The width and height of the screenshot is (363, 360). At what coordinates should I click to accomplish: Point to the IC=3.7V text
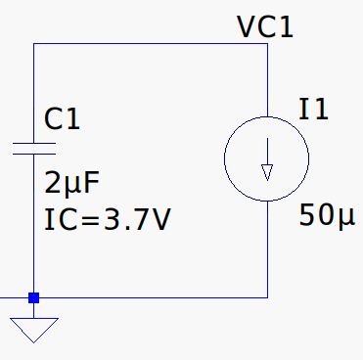click(108, 219)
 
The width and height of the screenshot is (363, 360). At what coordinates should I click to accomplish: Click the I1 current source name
click(314, 111)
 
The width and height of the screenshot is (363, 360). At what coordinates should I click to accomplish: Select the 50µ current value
click(327, 217)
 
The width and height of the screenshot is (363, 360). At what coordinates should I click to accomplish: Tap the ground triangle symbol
click(33, 329)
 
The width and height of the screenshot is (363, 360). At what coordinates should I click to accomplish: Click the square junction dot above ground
click(33, 296)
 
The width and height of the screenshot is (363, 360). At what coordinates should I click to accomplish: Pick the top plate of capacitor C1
click(33, 143)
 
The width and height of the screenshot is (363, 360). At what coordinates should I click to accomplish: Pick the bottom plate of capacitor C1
click(33, 155)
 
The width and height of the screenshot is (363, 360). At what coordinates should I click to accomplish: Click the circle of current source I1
click(227, 157)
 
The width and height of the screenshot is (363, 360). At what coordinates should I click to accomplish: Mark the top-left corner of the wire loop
click(33, 43)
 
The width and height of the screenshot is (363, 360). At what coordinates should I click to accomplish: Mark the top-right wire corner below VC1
click(267, 43)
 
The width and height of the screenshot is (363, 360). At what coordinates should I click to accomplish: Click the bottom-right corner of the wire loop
click(267, 296)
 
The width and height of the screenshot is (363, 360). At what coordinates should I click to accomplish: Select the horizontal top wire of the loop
click(147, 43)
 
